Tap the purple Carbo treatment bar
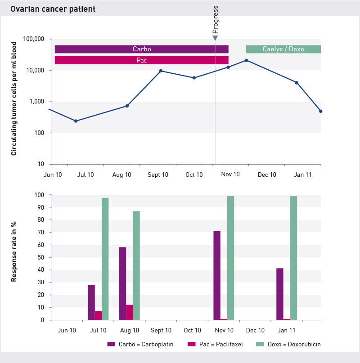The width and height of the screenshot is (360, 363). pyautogui.click(x=141, y=49)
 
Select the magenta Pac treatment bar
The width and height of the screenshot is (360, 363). pyautogui.click(x=141, y=60)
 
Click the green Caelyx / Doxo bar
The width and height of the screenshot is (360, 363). pyautogui.click(x=283, y=49)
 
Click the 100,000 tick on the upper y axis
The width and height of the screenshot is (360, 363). pyautogui.click(x=33, y=39)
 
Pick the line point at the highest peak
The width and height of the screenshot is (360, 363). pyautogui.click(x=247, y=60)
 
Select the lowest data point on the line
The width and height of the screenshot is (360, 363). pyautogui.click(x=76, y=121)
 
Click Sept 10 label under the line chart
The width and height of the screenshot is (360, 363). pyautogui.click(x=158, y=175)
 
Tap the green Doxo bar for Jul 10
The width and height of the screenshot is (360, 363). pyautogui.click(x=105, y=259)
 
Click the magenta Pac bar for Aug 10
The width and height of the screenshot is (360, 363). pyautogui.click(x=130, y=312)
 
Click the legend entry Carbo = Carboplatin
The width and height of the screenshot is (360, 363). pyautogui.click(x=140, y=344)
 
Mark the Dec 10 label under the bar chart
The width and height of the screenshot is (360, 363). pyautogui.click(x=255, y=330)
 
